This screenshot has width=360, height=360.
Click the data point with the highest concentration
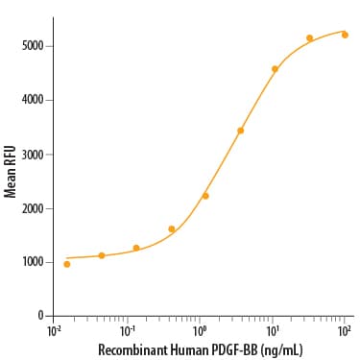tap(345, 35)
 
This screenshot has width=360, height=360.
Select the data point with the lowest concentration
tap(67, 264)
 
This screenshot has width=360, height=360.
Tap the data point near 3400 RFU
tap(240, 131)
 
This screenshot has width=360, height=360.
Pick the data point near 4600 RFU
tap(275, 69)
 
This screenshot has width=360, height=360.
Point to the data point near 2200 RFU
tap(205, 196)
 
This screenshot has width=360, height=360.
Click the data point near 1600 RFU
tap(172, 228)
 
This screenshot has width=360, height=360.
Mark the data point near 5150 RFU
tap(309, 38)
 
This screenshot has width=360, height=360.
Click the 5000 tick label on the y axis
tap(33, 46)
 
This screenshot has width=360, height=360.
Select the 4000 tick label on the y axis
tap(33, 100)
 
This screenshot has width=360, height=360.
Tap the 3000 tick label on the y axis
tap(33, 155)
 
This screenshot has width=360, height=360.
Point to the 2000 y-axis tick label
tap(33, 208)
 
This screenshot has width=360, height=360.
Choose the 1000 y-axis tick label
tap(33, 262)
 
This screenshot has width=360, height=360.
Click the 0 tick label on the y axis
tap(40, 316)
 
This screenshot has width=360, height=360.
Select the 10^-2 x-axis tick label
tap(54, 331)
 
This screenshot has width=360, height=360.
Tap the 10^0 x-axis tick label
tap(200, 331)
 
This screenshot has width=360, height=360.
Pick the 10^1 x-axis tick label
tap(272, 331)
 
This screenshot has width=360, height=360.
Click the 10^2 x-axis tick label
tap(345, 331)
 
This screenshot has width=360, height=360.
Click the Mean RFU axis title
tap(10, 172)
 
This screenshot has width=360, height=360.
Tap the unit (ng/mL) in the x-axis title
tap(281, 350)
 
